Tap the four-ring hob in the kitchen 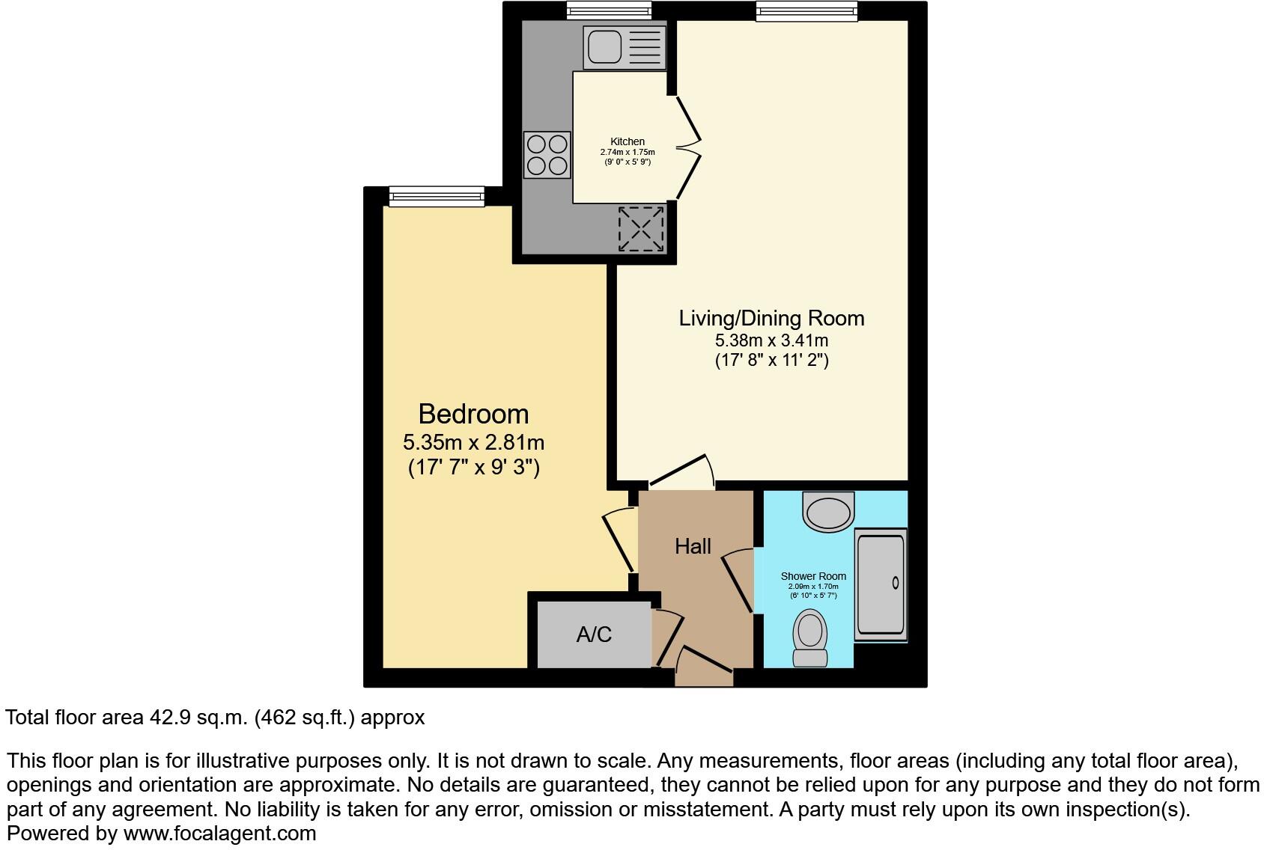tap(547, 155)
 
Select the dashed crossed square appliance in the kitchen tap(641, 229)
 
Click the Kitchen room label tap(628, 141)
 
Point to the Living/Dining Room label tap(771, 318)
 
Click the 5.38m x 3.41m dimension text tap(771, 340)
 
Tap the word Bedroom tap(473, 414)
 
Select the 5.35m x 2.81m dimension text tap(473, 441)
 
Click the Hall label tap(693, 546)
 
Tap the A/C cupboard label tap(594, 635)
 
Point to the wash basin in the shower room tap(827, 511)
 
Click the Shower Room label tap(813, 576)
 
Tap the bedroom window tap(437, 196)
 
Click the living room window tap(806, 10)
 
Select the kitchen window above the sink tap(609, 10)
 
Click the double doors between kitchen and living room tap(690, 148)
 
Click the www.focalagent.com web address tap(219, 833)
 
